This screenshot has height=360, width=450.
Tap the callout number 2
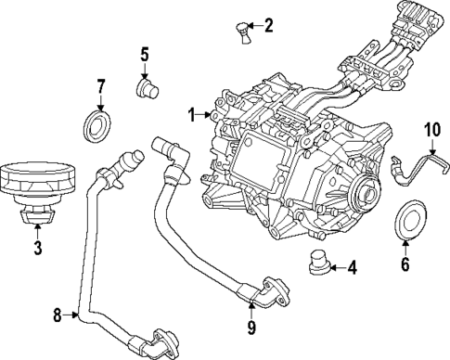[x=269, y=25]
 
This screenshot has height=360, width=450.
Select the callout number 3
[x=37, y=248]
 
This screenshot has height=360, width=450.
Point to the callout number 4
[x=352, y=268]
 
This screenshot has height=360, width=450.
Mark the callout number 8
[x=57, y=316]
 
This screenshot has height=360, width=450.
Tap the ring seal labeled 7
[x=97, y=125]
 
